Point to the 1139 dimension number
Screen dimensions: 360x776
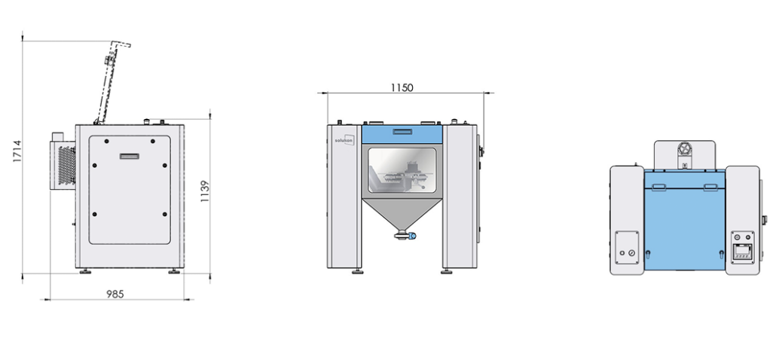point(205,193)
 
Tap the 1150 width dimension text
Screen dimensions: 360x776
point(402,87)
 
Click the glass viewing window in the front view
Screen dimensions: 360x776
point(402,172)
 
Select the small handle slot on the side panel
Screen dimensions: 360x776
point(130,156)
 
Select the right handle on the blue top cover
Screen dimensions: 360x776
point(710,186)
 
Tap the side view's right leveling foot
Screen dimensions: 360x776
point(173,271)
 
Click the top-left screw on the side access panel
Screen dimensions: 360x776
point(106,142)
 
